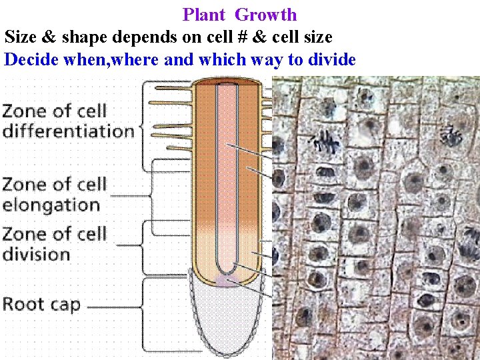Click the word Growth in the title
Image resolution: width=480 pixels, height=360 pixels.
[266, 15]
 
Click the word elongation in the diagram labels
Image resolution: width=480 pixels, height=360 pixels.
[51, 204]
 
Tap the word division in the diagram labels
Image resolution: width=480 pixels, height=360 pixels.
[36, 254]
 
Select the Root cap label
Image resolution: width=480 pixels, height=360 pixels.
[41, 305]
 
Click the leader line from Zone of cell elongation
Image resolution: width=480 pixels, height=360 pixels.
[130, 196]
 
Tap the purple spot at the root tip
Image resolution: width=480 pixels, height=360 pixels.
[227, 281]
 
